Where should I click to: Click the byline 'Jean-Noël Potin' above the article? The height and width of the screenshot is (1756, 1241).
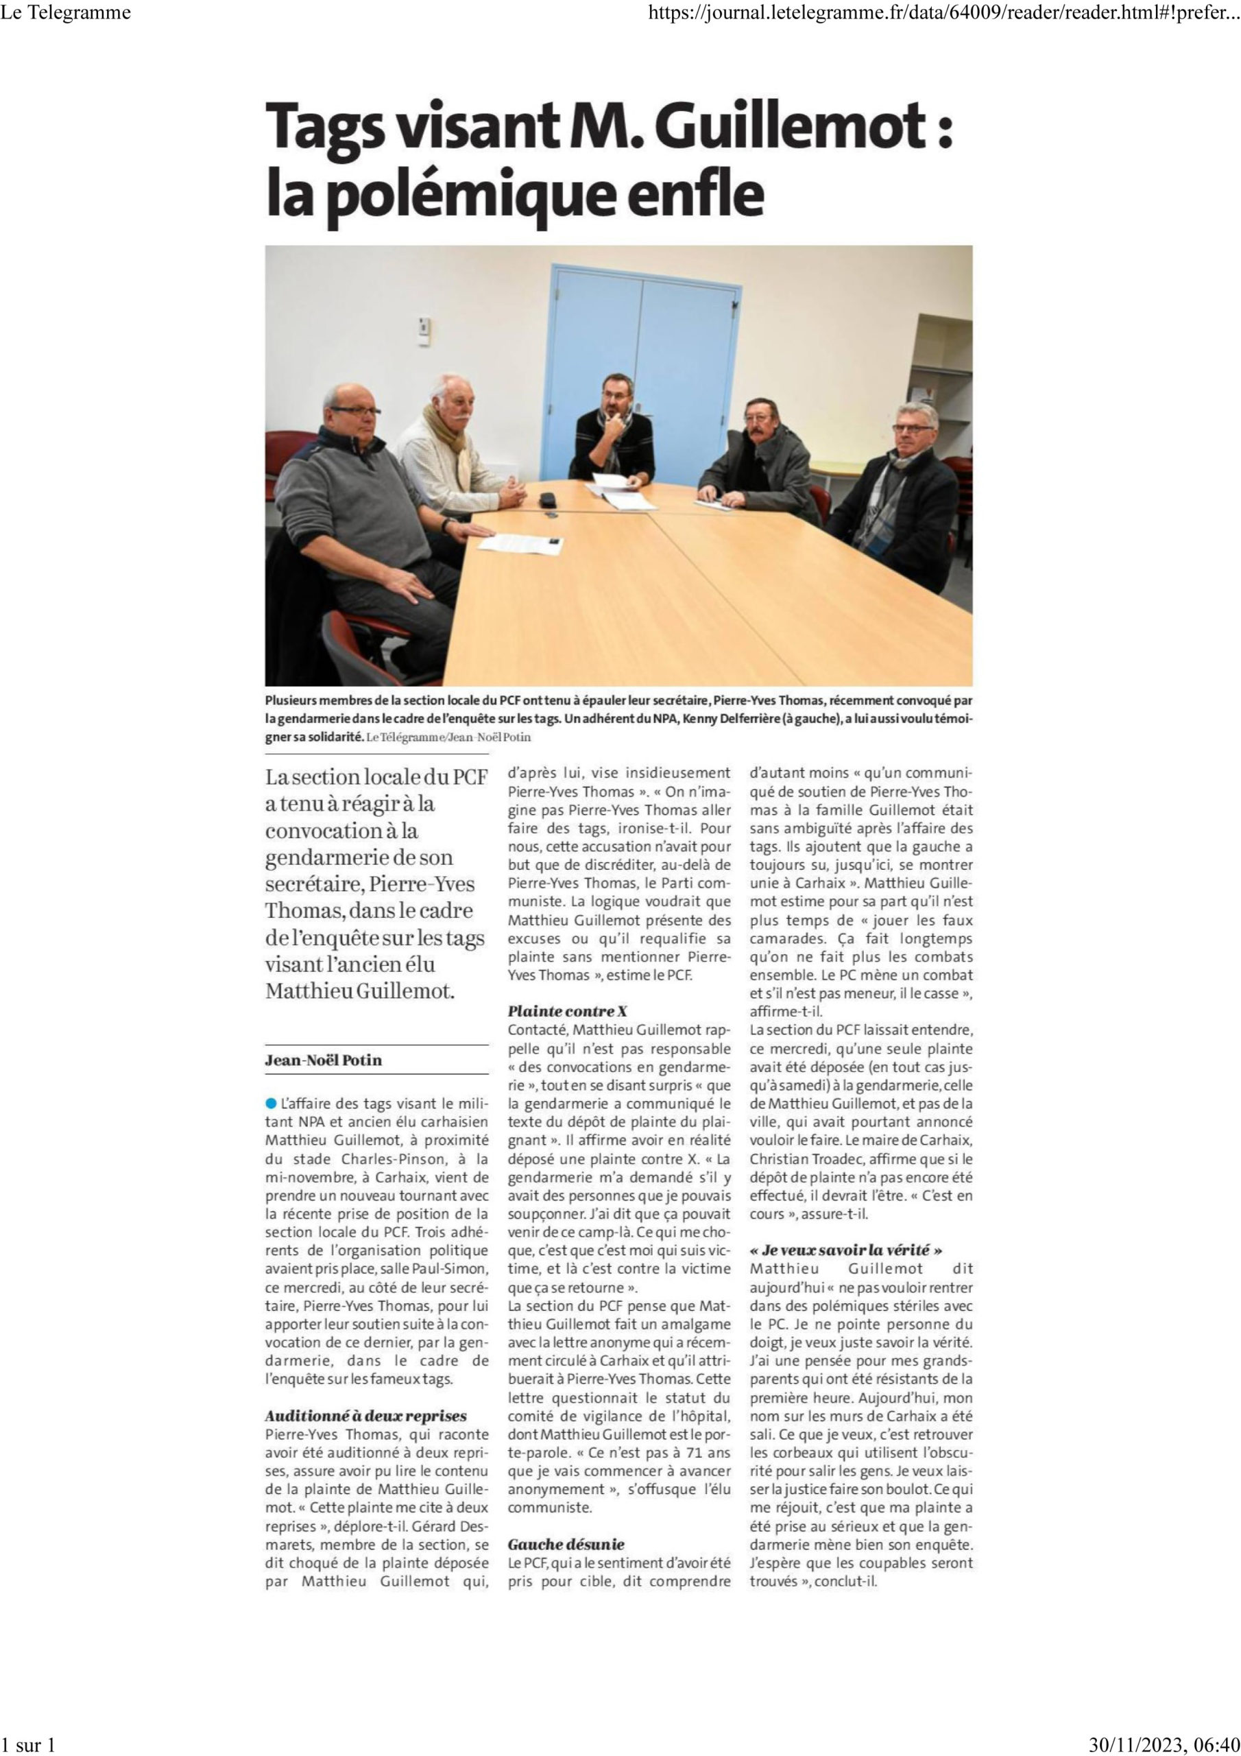tap(324, 1060)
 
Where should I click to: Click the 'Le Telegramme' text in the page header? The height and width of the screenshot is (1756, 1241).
tap(67, 12)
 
